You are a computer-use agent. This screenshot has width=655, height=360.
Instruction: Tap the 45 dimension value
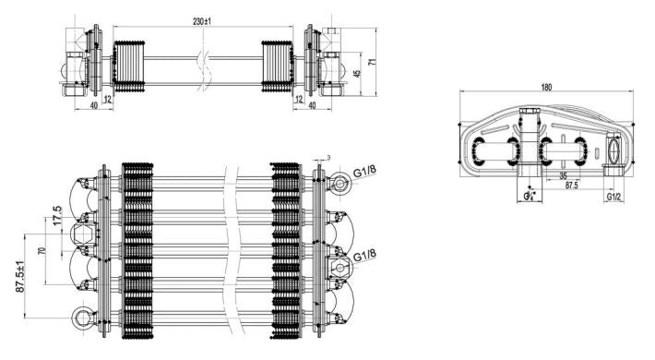coord(358,74)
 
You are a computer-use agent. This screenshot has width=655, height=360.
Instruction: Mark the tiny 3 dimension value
coord(327,158)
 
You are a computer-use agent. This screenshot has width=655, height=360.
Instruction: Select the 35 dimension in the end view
coord(563,174)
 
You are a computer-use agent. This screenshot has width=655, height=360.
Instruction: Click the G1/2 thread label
coord(613,198)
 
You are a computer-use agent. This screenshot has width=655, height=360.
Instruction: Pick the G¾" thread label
coord(529,197)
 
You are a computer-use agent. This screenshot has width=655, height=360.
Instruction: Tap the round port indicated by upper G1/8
coord(341,183)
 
